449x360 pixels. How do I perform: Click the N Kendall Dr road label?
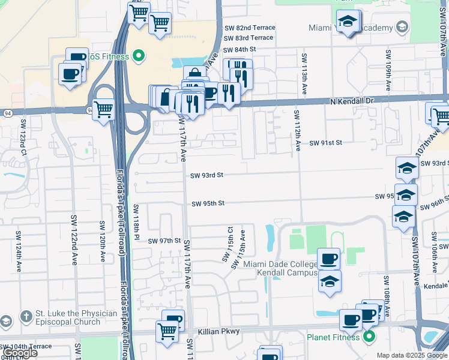point(352,102)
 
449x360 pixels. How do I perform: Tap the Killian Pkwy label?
point(218,331)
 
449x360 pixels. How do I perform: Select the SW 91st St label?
point(325,143)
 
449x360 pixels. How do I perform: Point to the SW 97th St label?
point(164,241)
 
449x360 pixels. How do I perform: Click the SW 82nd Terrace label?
point(250,28)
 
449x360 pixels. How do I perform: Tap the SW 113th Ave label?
point(305,73)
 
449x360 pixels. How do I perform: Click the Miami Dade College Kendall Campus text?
point(280,269)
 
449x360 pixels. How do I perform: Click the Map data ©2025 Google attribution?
point(412,355)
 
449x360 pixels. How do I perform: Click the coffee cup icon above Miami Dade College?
point(328,259)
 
